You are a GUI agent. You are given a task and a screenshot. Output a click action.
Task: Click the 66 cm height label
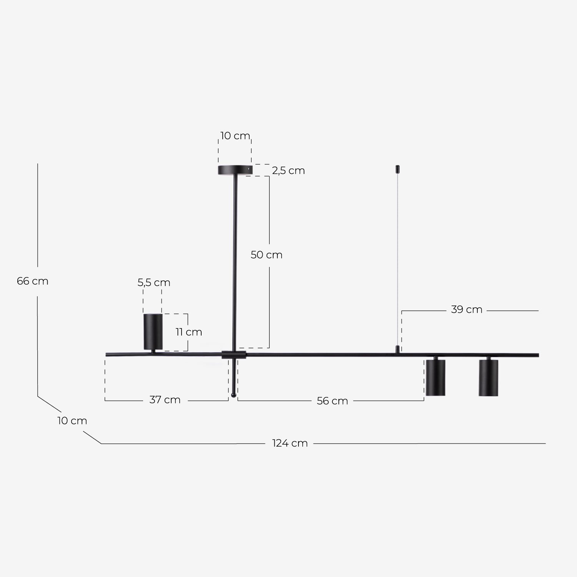coord(33,281)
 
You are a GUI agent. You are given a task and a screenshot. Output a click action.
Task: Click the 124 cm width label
coord(290,443)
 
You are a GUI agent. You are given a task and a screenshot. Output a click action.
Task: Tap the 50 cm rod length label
coord(266,255)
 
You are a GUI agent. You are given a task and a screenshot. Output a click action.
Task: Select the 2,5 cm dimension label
coord(288,170)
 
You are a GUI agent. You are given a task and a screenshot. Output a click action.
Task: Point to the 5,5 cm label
coord(154,283)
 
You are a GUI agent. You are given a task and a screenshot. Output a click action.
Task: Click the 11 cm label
coord(188,332)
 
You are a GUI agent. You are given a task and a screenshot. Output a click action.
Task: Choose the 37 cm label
coord(165,400)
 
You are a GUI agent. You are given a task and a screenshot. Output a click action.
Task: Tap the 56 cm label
coord(332,401)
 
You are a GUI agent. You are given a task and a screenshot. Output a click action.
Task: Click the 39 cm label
coord(466,310)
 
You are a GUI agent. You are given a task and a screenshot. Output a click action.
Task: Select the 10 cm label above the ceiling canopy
coord(235,136)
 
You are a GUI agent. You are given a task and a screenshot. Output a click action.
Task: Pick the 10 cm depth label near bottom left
coord(72,420)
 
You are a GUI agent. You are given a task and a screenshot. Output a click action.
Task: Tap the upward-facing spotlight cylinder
coord(153,331)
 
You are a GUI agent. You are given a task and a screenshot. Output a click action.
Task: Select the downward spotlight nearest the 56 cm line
coord(435,377)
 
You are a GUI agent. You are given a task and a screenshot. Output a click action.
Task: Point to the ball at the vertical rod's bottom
coord(233,395)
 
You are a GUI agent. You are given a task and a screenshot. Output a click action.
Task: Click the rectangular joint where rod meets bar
coord(233,355)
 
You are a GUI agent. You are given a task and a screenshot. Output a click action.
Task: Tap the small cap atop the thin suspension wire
coord(398,169)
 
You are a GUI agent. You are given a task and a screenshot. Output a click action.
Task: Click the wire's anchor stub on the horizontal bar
coord(398,349)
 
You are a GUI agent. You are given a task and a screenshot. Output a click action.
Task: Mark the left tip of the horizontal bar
coord(107,354)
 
